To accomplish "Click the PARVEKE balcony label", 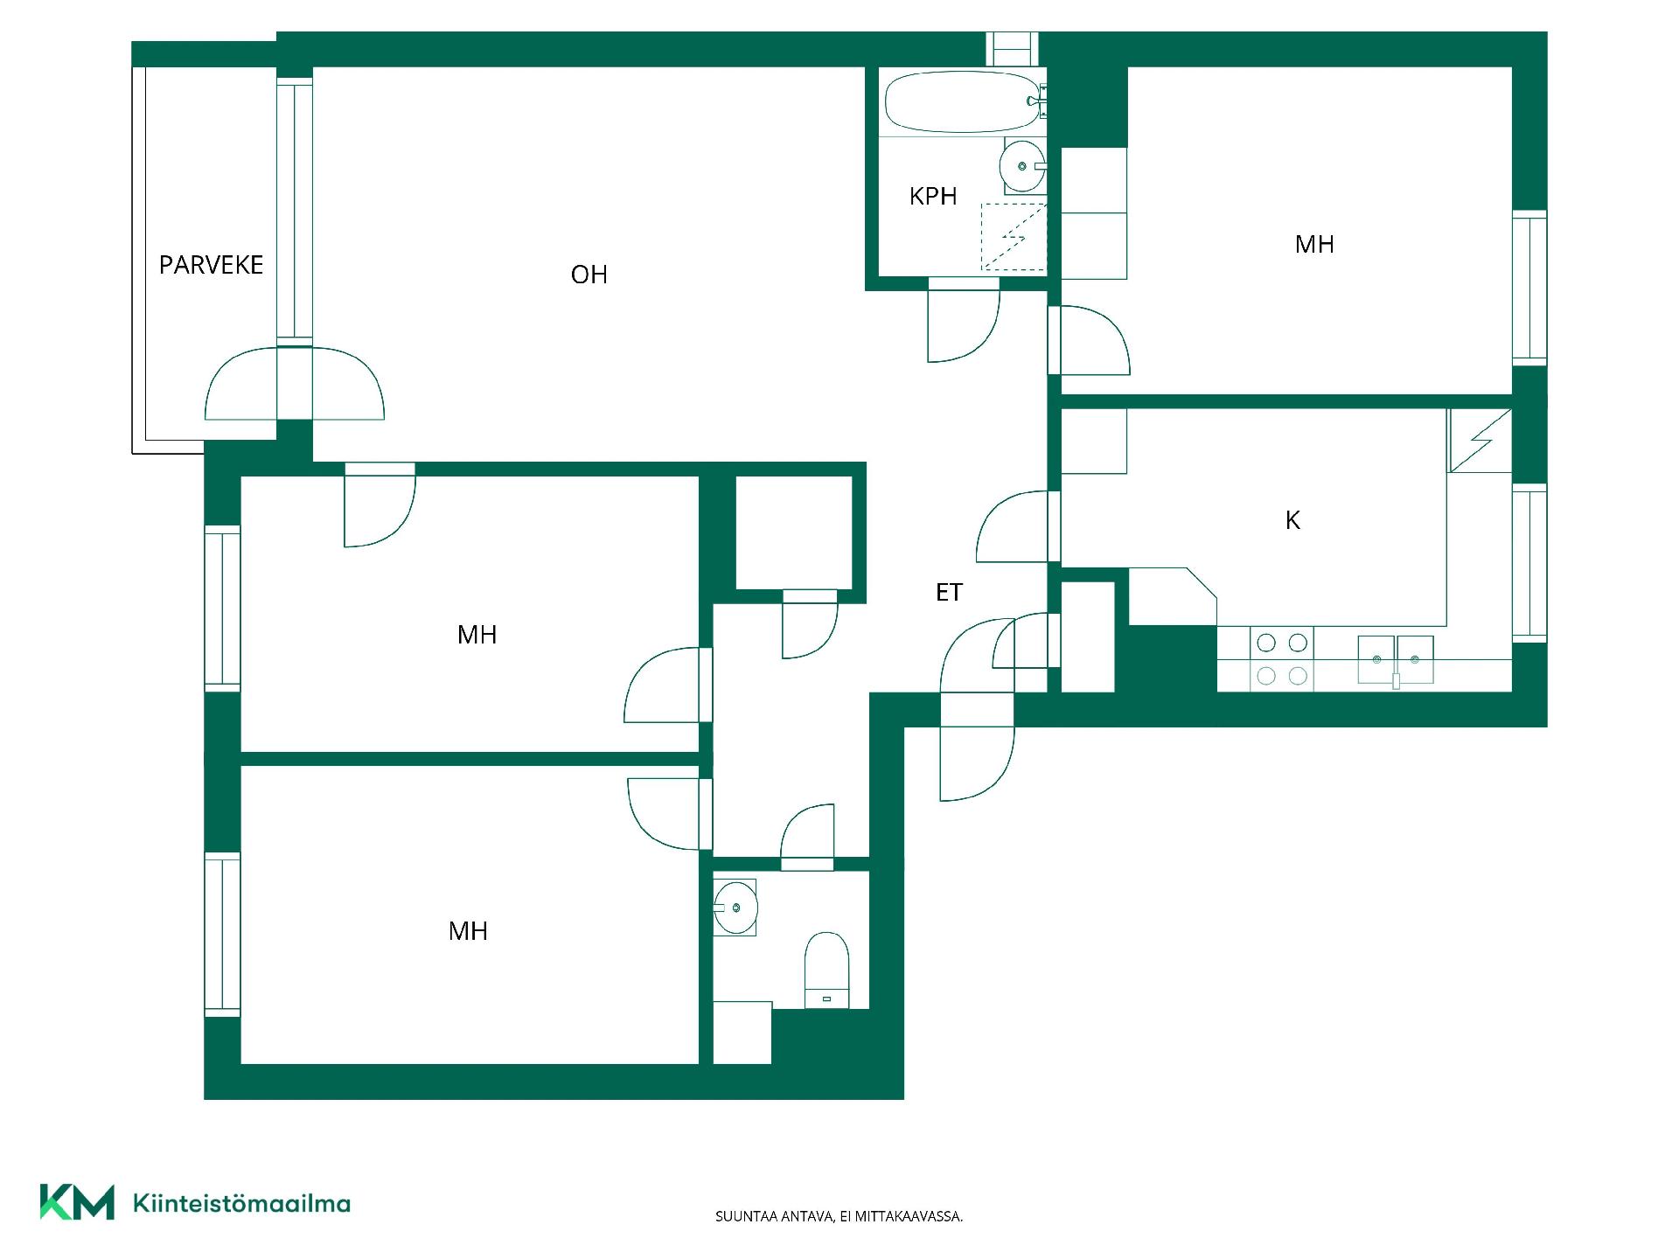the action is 211,265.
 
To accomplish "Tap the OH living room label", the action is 589,275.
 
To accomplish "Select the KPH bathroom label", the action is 933,196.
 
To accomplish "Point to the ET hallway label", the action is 949,593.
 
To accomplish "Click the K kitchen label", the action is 1292,520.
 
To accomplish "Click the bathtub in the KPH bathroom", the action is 962,101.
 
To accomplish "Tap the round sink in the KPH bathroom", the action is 1022,166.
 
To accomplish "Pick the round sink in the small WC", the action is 735,908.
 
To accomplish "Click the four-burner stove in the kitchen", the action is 1282,659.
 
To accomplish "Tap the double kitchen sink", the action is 1396,659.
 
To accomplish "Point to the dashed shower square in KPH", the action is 1014,237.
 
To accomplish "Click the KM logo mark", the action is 77,1202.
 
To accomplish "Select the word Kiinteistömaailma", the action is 241,1204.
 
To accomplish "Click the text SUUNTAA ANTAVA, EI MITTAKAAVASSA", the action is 839,1216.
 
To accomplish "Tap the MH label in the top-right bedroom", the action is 1314,245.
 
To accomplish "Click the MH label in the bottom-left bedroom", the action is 468,931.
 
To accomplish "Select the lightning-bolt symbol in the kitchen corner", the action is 1480,441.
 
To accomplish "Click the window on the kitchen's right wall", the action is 1529,563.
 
